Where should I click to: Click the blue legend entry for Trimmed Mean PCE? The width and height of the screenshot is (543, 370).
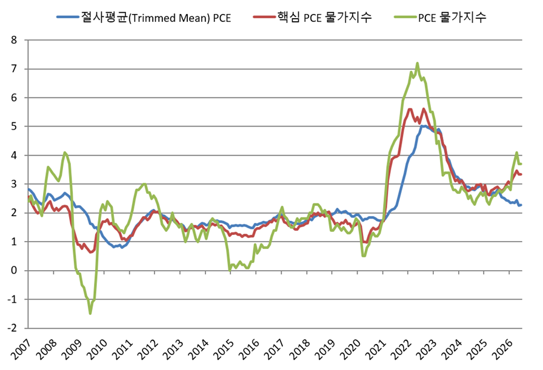tap(144, 17)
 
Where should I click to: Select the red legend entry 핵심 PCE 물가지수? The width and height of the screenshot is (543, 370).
tap(312, 17)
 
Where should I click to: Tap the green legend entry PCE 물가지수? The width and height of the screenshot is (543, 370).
tap(440, 17)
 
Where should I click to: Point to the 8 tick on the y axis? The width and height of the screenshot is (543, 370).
tap(14, 40)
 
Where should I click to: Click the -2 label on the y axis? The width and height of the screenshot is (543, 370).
tap(12, 328)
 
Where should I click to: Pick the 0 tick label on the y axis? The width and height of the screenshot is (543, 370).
tap(14, 270)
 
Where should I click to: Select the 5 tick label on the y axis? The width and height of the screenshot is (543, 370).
tap(14, 127)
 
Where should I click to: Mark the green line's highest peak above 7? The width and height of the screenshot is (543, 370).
tap(418, 63)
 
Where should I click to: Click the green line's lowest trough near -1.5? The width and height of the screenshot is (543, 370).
tap(90, 314)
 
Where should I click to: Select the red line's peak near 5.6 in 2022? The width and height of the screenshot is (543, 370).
tap(410, 110)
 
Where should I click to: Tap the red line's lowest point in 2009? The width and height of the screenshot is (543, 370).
tap(90, 253)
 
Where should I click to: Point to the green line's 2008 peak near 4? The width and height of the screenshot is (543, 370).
tap(65, 152)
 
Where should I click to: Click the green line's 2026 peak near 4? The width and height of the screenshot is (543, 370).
tap(516, 152)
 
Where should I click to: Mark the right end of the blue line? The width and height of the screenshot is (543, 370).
tap(521, 205)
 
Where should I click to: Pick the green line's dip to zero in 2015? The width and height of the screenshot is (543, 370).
tap(230, 270)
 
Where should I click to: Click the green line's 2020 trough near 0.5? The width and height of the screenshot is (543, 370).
tap(363, 256)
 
